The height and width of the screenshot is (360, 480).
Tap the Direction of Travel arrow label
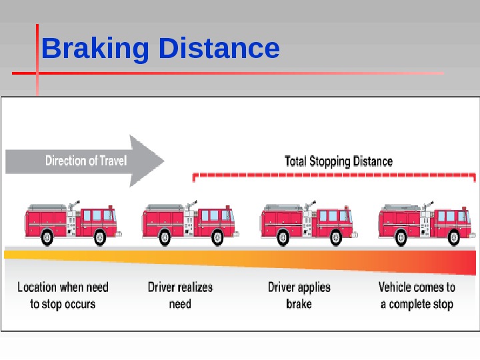[x=85, y=161]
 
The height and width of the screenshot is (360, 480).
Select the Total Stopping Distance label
[x=339, y=161]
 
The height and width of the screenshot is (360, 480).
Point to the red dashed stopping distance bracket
[x=333, y=175]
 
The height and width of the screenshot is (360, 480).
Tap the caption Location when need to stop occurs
[x=63, y=295]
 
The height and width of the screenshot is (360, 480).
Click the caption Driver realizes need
[x=180, y=295]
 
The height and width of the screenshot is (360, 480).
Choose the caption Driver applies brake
[x=299, y=295]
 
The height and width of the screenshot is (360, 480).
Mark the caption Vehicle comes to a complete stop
[x=417, y=295]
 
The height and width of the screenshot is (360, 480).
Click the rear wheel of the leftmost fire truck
[x=47, y=237]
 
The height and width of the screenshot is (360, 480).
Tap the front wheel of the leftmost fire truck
[x=100, y=237]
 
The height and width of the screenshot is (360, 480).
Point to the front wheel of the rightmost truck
[x=453, y=237]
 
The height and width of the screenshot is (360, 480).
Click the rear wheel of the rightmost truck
[x=400, y=237]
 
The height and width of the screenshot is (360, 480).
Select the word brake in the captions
[x=299, y=304]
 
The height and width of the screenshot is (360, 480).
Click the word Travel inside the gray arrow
[x=112, y=161]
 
